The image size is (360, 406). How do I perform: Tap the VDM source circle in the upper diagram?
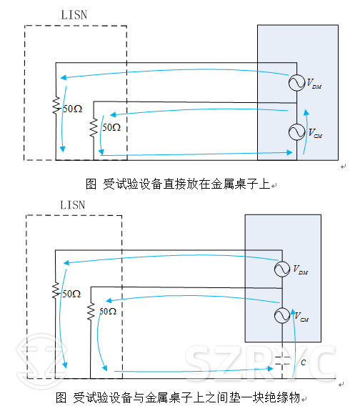point(294,83)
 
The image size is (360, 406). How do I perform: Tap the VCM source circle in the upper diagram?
point(294,132)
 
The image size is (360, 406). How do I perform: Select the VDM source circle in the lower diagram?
point(283,269)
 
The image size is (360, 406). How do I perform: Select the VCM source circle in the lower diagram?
point(283,315)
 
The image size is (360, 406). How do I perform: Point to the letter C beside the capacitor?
point(303,362)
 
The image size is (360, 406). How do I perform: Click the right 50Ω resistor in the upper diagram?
point(94,127)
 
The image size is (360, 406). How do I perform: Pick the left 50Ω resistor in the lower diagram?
point(56,292)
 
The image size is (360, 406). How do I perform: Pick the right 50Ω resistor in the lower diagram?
point(91,312)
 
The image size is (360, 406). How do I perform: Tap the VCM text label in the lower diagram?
point(302,317)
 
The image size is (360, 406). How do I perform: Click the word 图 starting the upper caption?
point(91,184)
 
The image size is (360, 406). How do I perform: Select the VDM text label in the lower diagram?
point(302,270)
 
